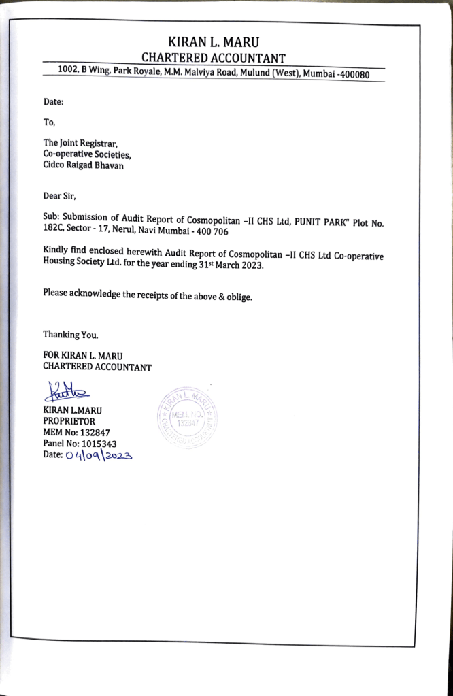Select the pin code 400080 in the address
[350, 74]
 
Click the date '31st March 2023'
[229, 266]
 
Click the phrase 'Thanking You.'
[71, 335]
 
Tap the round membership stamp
[185, 416]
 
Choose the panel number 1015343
[97, 444]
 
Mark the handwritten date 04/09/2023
[98, 456]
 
